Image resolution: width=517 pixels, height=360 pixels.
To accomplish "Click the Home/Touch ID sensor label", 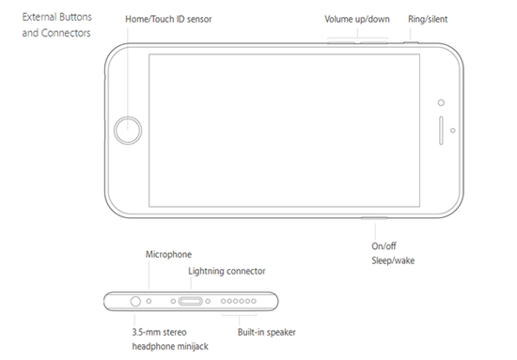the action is [x=168, y=19].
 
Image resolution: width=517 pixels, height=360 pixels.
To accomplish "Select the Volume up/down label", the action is [x=357, y=19].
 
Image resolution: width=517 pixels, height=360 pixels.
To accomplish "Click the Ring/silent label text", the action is [x=428, y=19].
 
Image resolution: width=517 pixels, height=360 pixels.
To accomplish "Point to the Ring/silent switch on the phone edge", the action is [x=411, y=42].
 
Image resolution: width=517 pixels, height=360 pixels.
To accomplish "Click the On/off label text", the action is [x=384, y=246].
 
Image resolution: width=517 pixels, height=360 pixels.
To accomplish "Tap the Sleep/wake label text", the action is [x=393, y=260].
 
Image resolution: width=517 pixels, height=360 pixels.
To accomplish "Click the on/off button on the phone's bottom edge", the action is [x=374, y=218].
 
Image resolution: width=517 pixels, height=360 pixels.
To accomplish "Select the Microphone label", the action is [x=168, y=254].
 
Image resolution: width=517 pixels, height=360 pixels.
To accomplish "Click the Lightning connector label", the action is [x=227, y=271].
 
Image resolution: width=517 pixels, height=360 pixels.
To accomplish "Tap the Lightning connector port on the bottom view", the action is [x=191, y=301].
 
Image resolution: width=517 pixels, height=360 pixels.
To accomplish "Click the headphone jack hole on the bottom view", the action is [x=135, y=301].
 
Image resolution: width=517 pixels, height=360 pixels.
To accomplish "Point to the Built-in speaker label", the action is [x=267, y=332].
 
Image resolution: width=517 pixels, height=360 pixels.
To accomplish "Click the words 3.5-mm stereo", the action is [x=159, y=332].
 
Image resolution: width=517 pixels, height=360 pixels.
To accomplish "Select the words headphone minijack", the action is [x=170, y=347].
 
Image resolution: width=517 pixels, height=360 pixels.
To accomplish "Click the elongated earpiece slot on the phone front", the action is [x=441, y=131].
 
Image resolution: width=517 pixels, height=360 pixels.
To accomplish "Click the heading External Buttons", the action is [x=57, y=17].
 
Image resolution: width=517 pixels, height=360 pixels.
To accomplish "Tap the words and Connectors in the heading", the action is [x=56, y=33].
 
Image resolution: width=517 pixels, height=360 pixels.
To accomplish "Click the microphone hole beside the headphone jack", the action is [x=149, y=301].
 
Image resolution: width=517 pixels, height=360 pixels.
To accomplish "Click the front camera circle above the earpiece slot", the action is [x=441, y=102].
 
